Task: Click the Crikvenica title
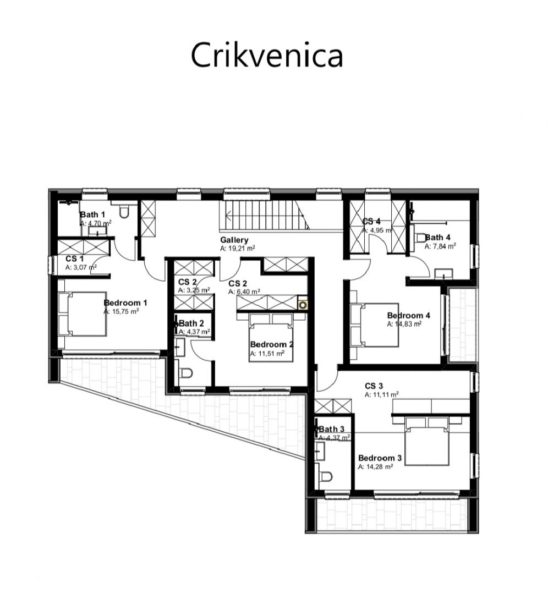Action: (267, 56)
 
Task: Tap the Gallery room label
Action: (234, 240)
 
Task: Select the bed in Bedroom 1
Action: (82, 313)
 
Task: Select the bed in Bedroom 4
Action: (374, 325)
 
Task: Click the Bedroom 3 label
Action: (380, 458)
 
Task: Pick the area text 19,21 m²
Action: (237, 249)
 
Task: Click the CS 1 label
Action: (74, 258)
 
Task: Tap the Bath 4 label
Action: (437, 238)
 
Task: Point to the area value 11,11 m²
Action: (381, 394)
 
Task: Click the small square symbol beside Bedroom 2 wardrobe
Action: (302, 303)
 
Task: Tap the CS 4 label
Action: (371, 222)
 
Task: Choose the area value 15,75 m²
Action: (121, 311)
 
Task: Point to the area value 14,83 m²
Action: (404, 324)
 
